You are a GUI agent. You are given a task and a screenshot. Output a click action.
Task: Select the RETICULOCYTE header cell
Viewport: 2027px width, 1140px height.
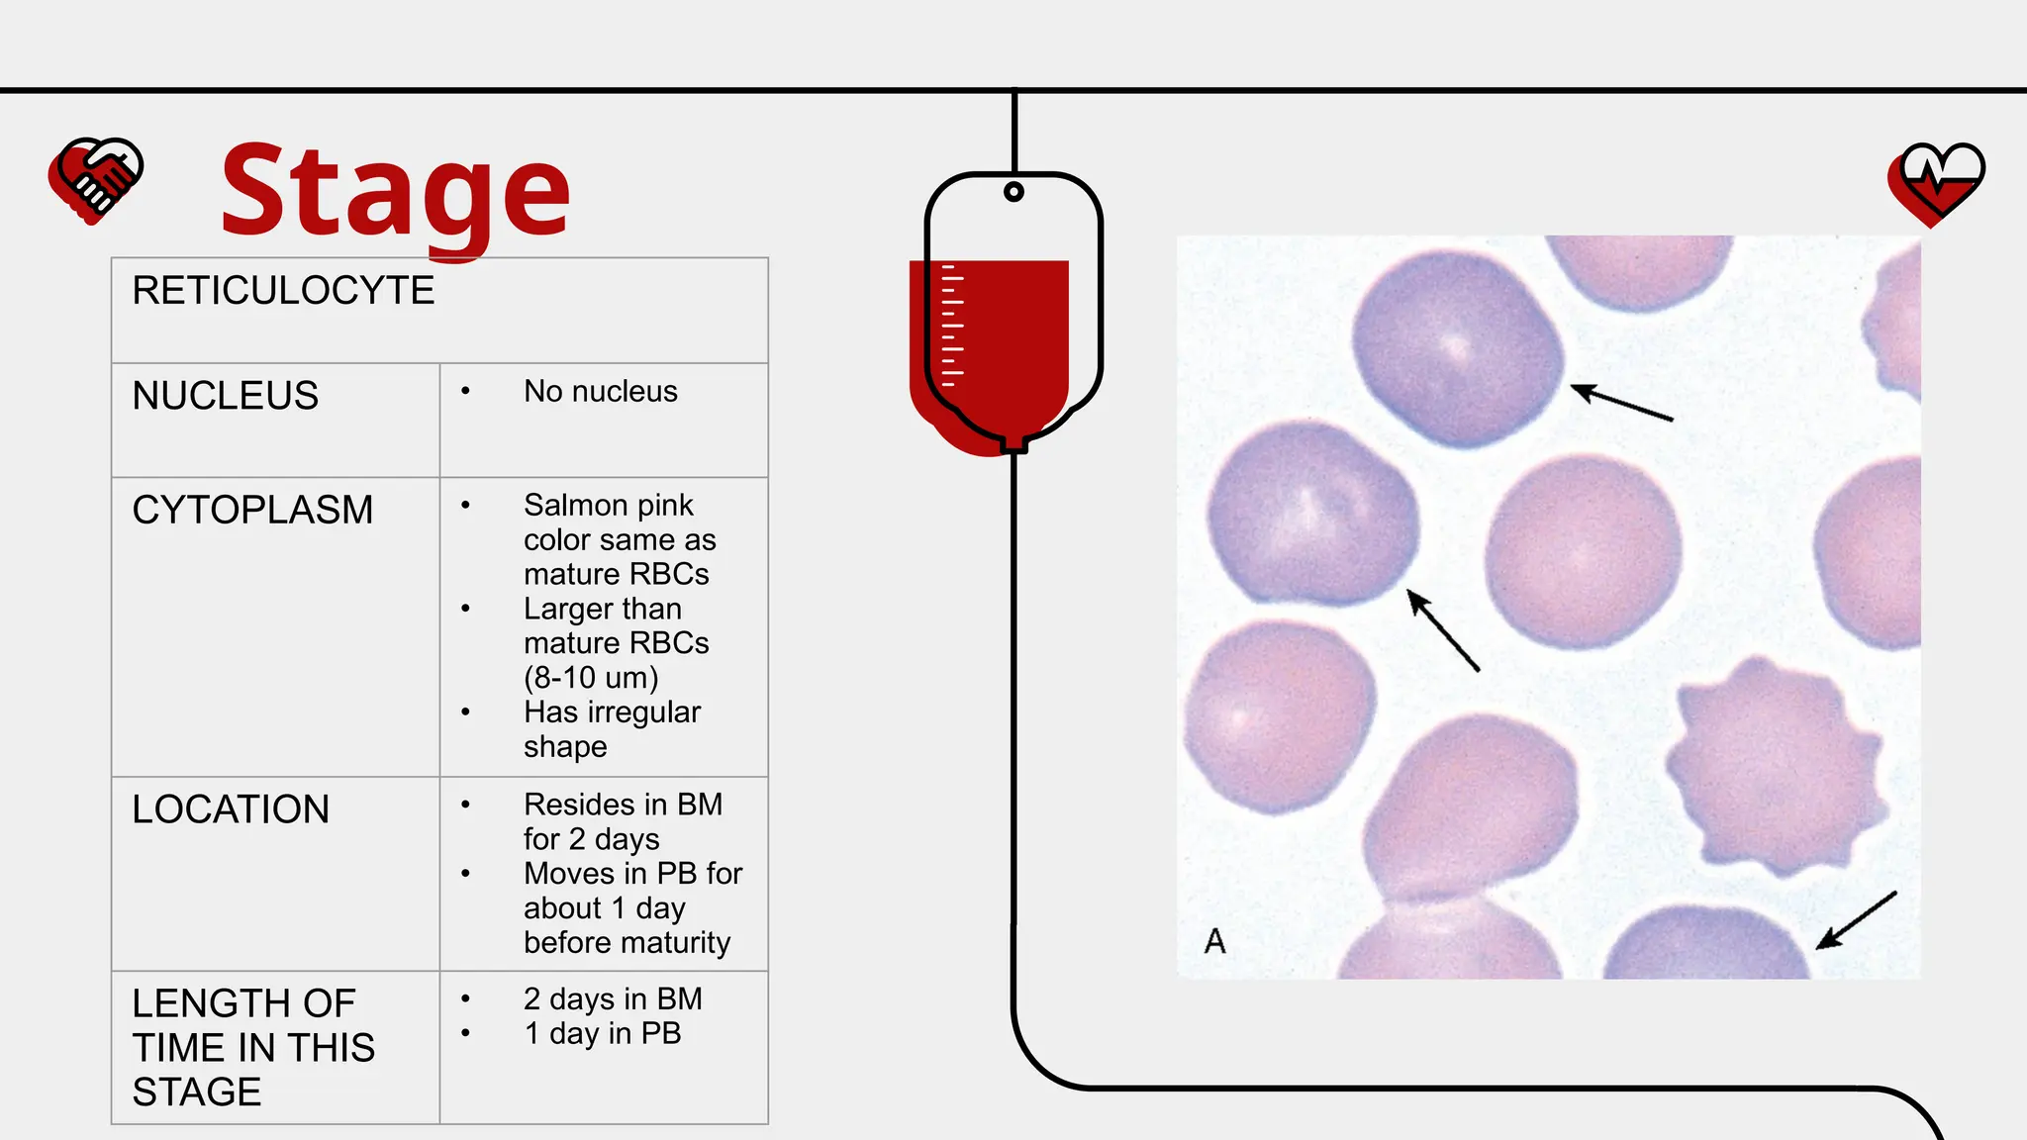[x=283, y=291]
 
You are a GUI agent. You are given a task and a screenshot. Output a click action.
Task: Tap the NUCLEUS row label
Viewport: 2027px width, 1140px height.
[x=226, y=396]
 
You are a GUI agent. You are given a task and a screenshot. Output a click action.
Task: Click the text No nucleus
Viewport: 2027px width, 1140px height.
[x=600, y=392]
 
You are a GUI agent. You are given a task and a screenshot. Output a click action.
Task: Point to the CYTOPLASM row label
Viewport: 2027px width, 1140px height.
[x=252, y=511]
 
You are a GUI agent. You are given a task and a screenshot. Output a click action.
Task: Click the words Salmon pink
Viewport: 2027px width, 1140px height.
[x=608, y=506]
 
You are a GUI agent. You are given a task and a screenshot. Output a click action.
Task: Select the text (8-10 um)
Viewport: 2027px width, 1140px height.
[x=591, y=678]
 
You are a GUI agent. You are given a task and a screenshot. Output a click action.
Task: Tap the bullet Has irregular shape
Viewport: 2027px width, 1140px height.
[x=611, y=729]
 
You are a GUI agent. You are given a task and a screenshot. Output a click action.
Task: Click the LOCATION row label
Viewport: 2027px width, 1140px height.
[x=231, y=809]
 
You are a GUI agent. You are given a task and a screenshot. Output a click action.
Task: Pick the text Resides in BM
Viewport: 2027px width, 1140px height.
[x=623, y=805]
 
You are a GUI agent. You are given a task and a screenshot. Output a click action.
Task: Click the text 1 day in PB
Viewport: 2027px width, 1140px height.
[x=602, y=1034]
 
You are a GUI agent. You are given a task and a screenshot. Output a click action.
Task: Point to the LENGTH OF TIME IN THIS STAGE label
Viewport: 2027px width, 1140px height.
[x=253, y=1047]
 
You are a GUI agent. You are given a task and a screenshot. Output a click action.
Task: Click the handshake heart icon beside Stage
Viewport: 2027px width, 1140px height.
[x=96, y=179]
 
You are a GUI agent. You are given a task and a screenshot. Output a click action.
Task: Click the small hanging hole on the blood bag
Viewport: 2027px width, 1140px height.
[x=1013, y=191]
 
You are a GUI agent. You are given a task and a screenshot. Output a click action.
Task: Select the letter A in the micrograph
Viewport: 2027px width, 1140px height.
[x=1214, y=941]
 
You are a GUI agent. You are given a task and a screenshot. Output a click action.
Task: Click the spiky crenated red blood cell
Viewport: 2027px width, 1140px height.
[x=1772, y=764]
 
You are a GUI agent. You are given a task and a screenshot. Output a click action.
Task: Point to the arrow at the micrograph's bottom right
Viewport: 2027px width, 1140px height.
[x=1856, y=920]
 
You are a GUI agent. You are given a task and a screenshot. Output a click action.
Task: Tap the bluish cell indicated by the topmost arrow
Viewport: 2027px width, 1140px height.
[x=1456, y=348]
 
